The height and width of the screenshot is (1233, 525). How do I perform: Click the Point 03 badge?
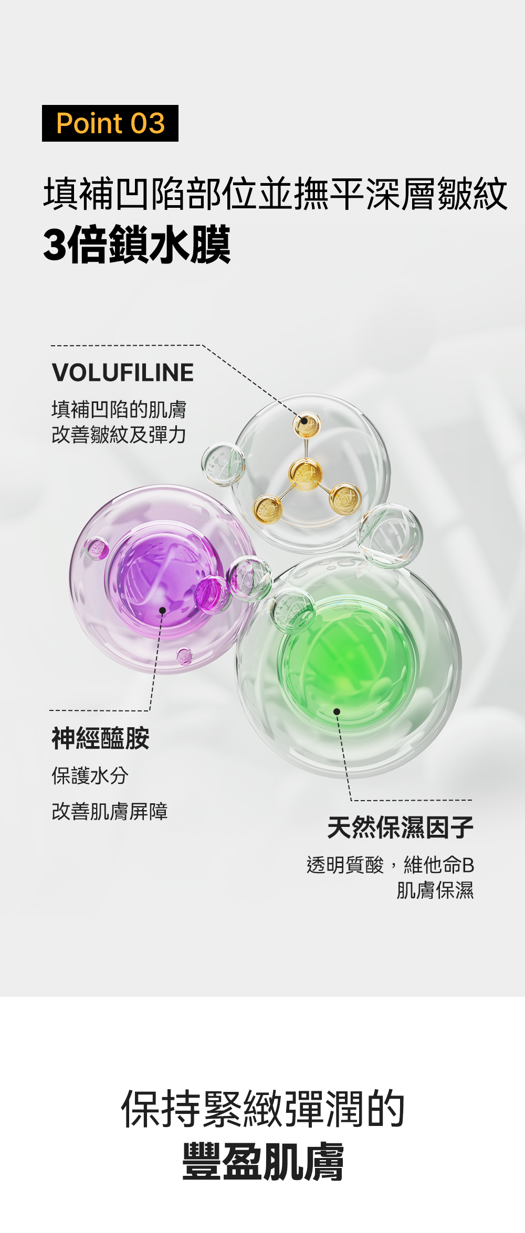[x=110, y=123]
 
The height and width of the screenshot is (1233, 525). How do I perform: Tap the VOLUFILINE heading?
[x=123, y=373]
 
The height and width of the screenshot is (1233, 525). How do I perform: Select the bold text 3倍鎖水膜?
[x=136, y=245]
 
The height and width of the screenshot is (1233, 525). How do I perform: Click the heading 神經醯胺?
[x=100, y=739]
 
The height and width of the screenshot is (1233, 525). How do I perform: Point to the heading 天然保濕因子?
[x=400, y=827]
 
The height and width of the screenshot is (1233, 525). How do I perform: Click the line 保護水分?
[x=90, y=775]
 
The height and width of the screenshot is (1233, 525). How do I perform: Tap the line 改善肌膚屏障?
[x=110, y=811]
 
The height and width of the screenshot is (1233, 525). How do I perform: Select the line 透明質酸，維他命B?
[x=390, y=865]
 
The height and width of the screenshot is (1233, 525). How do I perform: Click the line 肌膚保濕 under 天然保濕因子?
[x=435, y=890]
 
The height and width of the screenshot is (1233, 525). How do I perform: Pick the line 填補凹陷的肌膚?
[x=119, y=409]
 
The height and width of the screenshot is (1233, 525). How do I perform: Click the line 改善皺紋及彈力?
[x=119, y=434]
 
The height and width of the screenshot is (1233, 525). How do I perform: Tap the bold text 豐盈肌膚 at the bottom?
[x=262, y=1162]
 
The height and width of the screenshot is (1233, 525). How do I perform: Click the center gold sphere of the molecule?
[x=306, y=474]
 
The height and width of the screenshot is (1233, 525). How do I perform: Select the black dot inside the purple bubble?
[x=162, y=610]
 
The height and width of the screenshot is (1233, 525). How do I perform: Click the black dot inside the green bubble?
[x=337, y=711]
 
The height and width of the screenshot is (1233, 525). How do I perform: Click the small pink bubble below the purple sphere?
[x=184, y=656]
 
